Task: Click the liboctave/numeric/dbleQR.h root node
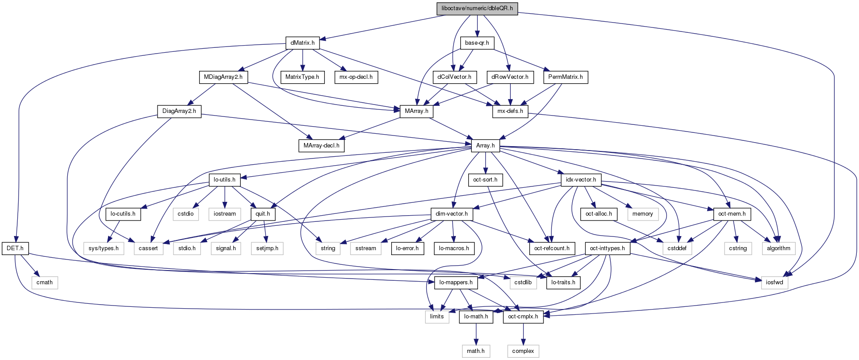coord(477,8)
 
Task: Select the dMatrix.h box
coord(302,43)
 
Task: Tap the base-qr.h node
coord(477,43)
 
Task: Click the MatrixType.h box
coord(302,77)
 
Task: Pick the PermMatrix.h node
coord(565,77)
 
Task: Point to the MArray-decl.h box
coord(321,146)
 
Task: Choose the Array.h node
coord(485,146)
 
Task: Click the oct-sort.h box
coord(485,180)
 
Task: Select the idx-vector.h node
coord(581,180)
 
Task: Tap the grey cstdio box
coord(185,214)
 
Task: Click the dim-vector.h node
coord(452,214)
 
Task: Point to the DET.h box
coord(15,248)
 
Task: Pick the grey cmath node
coord(44,283)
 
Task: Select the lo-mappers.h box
coord(456,283)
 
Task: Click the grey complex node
coord(523,351)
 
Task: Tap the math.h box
coord(476,351)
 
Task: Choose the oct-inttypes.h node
coord(607,248)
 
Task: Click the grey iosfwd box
coord(774,283)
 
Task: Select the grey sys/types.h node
coord(104,248)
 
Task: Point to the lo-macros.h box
coord(454,248)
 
